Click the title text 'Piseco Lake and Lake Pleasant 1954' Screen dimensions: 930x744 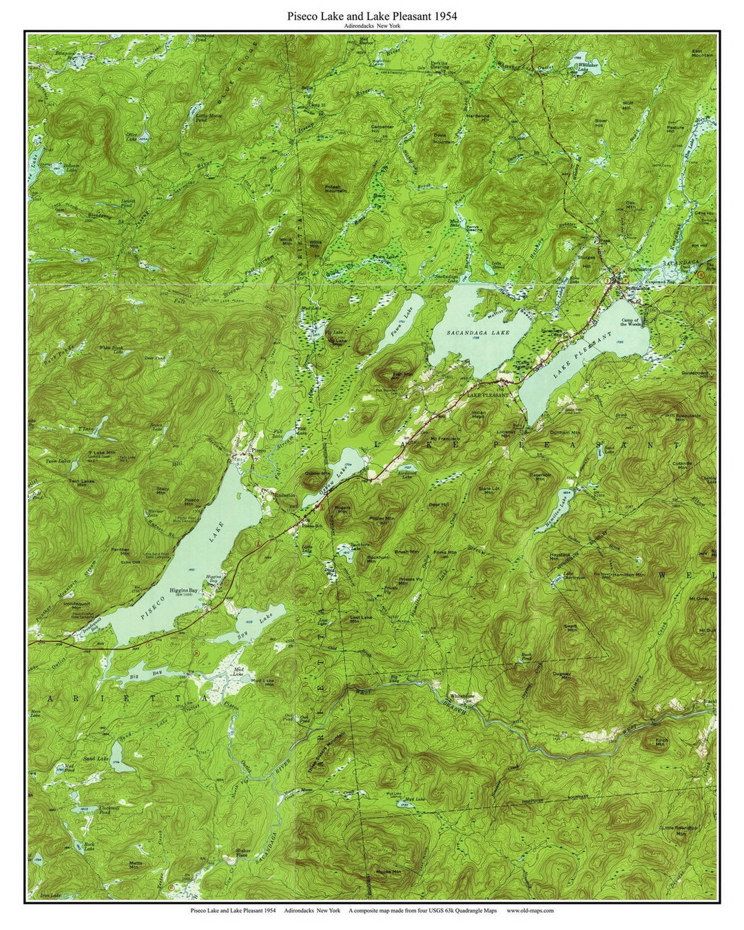tap(372, 15)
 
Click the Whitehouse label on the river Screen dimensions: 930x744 tap(462, 695)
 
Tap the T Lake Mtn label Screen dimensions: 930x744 tap(101, 454)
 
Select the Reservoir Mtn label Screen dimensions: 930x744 tap(541, 476)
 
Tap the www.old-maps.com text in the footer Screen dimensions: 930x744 tap(530, 910)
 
